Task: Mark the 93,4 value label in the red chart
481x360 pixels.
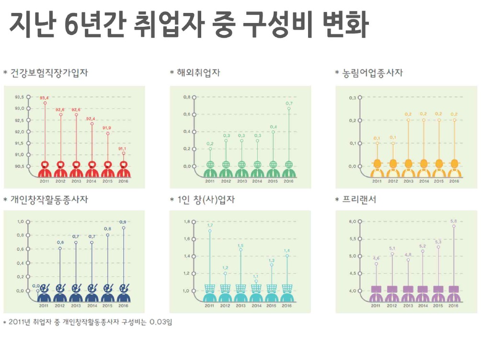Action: [x=45, y=97]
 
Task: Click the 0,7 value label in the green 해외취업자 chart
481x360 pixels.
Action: [x=289, y=103]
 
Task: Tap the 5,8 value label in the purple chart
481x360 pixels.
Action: [x=454, y=221]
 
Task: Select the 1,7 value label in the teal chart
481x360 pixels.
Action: [x=210, y=225]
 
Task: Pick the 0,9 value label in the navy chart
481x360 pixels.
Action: [x=123, y=222]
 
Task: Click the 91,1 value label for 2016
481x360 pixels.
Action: [x=123, y=148]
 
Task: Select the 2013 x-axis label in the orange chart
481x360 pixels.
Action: [x=408, y=181]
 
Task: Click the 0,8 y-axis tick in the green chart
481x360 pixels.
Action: [x=186, y=97]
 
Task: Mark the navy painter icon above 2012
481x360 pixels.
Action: [x=60, y=292]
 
